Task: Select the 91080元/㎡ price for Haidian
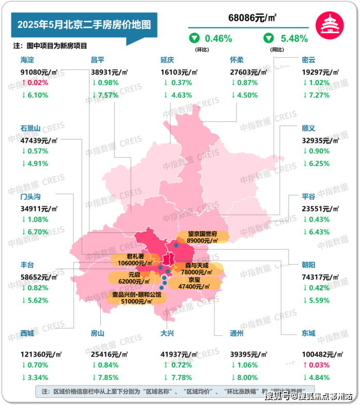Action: click(x=39, y=73)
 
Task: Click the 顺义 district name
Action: click(x=308, y=128)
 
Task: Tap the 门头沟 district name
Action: click(x=31, y=196)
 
